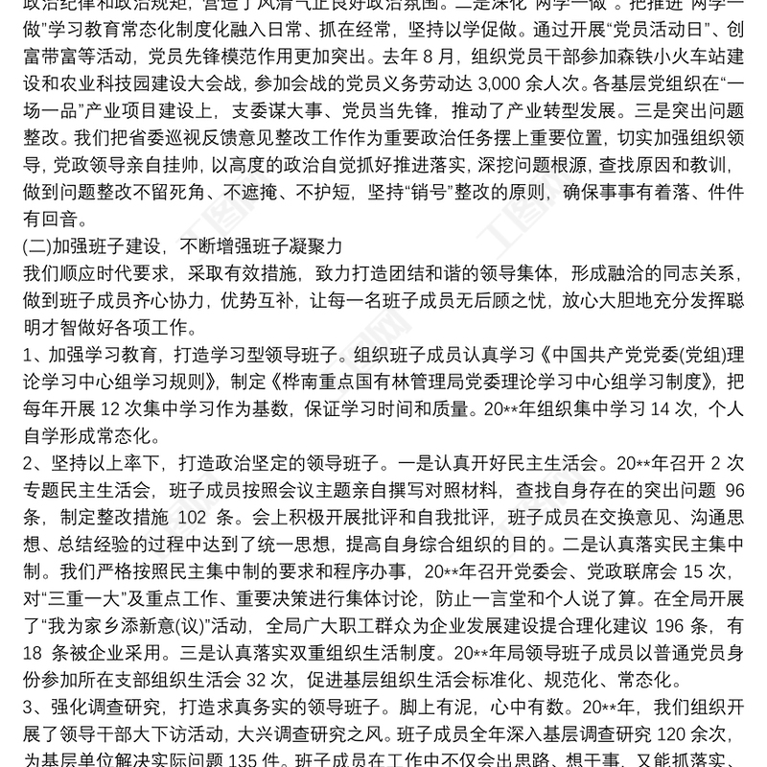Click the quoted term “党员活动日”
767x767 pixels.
(604, 29)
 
